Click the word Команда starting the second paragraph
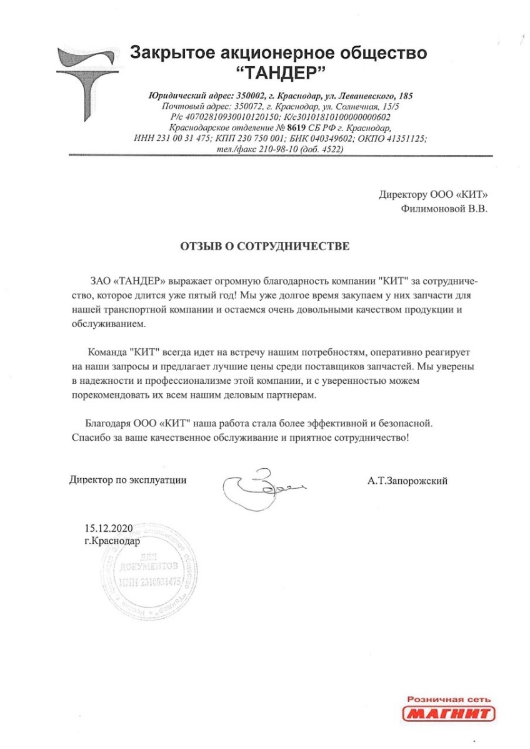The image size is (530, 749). (107, 353)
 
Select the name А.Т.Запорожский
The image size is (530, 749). (408, 481)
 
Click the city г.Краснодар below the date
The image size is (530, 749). (112, 541)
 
